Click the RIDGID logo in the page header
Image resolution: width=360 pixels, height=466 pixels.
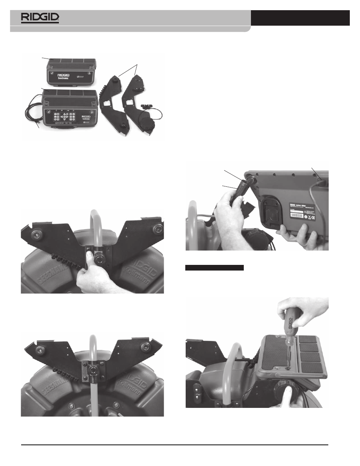click(40, 17)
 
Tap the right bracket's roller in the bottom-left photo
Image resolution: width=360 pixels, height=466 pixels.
click(145, 347)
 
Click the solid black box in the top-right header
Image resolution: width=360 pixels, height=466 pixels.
click(300, 18)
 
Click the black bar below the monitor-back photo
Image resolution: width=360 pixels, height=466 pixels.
click(214, 268)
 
